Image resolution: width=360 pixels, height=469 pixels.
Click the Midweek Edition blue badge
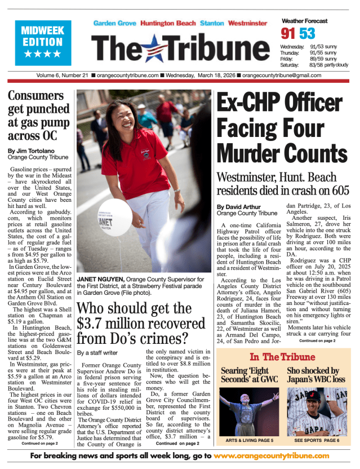(43, 41)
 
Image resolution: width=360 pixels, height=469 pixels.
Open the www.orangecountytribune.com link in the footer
(271, 455)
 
